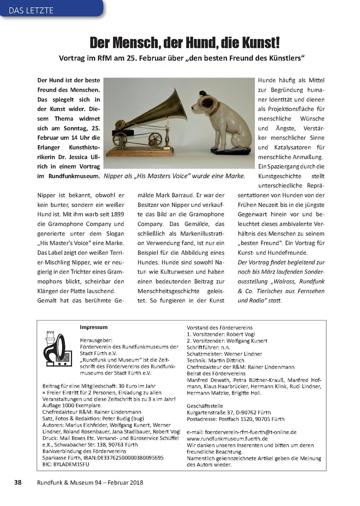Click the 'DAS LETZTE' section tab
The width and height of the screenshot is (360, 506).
click(x=31, y=10)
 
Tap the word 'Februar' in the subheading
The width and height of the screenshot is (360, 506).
click(x=155, y=58)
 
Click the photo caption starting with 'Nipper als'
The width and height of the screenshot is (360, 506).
click(x=174, y=176)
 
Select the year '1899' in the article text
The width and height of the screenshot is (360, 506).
click(x=117, y=214)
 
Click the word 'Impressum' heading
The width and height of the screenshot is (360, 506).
click(x=94, y=327)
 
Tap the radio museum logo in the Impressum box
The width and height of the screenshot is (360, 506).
click(x=55, y=349)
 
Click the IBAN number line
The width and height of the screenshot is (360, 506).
click(x=103, y=458)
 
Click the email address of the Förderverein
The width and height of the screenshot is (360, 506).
click(x=242, y=432)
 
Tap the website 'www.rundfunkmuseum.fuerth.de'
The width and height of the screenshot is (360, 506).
click(x=227, y=439)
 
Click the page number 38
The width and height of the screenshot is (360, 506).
click(x=18, y=482)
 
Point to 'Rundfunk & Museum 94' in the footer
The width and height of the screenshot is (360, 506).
click(x=69, y=482)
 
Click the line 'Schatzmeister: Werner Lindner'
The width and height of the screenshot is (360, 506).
click(x=224, y=354)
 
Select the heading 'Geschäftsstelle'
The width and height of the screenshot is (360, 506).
click(x=205, y=406)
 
